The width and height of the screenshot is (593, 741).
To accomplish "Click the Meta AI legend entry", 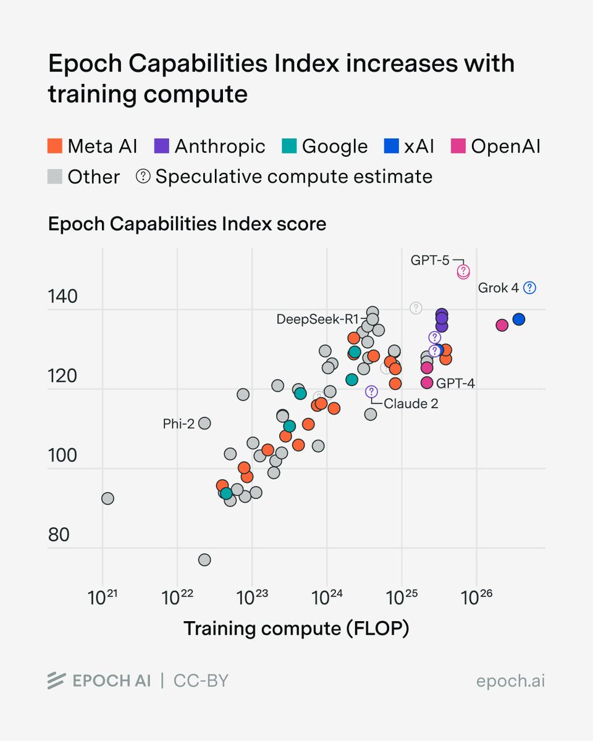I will tap(93, 146).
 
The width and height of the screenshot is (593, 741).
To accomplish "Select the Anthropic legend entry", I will tap(211, 146).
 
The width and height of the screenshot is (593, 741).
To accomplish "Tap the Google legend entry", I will tap(326, 146).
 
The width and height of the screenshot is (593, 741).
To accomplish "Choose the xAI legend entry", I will tap(409, 146).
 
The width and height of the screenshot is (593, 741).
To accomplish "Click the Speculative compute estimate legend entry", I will tap(284, 177).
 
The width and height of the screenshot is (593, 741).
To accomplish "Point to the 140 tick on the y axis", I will tap(63, 297).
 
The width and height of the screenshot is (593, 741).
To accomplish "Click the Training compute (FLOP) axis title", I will tap(296, 629).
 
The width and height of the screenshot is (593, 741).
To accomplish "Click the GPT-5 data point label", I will tap(430, 260).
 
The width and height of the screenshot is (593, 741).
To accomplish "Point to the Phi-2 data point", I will tap(204, 423).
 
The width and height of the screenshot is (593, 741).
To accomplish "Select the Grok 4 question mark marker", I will tap(529, 288).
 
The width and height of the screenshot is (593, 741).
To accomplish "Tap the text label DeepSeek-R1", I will tap(318, 319).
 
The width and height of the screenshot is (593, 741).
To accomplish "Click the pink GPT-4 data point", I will tap(427, 383).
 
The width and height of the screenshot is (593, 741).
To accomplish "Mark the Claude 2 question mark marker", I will tap(371, 391).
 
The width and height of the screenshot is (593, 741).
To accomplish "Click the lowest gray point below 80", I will tap(204, 559).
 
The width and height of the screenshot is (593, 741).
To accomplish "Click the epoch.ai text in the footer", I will tap(510, 681).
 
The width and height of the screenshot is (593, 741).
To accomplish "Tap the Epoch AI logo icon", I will tap(56, 680).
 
